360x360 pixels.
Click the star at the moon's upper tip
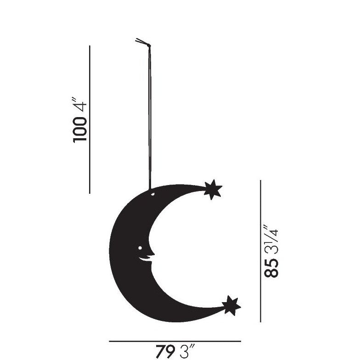(213, 190)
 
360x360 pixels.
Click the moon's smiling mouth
(146, 260)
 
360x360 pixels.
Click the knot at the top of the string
(143, 43)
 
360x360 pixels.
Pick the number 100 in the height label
(80, 130)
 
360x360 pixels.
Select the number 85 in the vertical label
(271, 268)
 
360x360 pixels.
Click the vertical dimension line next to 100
(90, 119)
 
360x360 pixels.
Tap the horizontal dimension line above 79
(174, 341)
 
